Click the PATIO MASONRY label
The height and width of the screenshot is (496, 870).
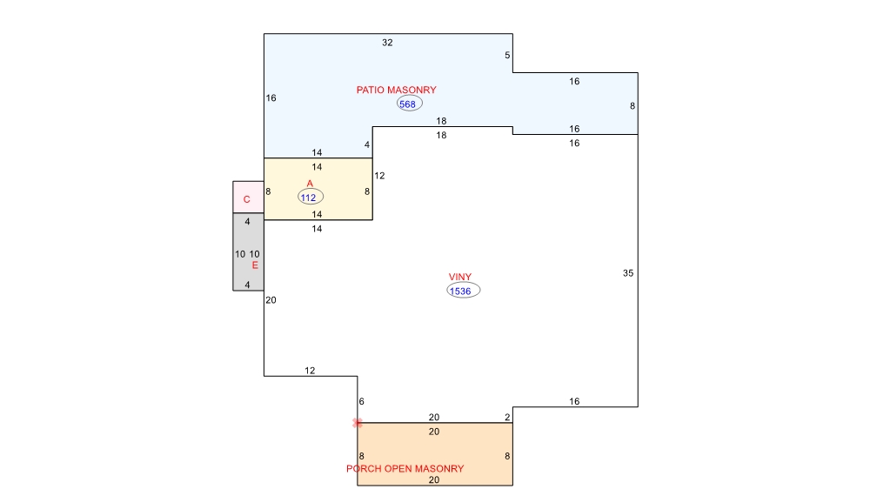coord(396,90)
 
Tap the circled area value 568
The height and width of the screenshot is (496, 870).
coord(410,104)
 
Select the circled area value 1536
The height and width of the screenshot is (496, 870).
coord(464,291)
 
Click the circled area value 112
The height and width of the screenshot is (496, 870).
coord(311,197)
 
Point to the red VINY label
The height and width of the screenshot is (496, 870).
coord(460,277)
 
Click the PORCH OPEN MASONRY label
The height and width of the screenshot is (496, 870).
coord(405,469)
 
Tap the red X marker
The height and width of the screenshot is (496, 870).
coord(358,423)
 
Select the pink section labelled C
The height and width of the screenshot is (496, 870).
coord(248,197)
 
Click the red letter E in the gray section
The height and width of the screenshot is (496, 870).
coord(255,265)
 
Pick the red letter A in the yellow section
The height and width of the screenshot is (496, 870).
coord(310,184)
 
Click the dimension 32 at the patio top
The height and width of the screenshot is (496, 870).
coord(387,43)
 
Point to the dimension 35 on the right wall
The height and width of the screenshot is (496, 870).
coord(628,273)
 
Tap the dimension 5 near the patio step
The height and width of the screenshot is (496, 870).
coord(508,56)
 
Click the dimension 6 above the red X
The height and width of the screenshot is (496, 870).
coord(362,402)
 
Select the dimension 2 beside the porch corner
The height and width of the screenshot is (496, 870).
coord(508,417)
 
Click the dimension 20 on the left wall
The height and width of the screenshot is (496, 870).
coord(271,300)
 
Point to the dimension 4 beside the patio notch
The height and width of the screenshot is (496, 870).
coord(367,144)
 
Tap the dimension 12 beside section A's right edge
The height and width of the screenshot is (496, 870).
coord(379,176)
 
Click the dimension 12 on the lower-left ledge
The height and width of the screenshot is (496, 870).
coord(310,371)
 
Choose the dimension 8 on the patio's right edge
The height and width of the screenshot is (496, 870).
coord(632,106)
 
